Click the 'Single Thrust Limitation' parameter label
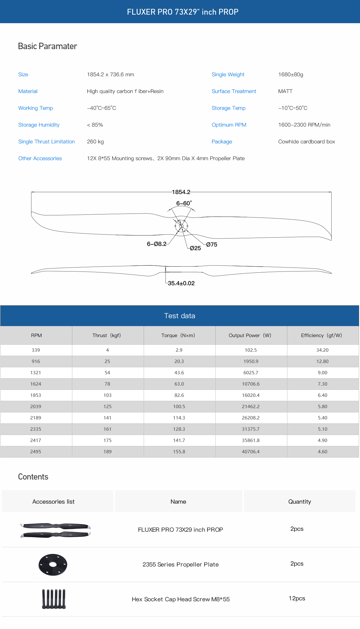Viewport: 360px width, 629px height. coord(46,142)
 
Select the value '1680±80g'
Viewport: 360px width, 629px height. coord(290,74)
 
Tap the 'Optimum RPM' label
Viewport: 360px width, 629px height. coord(229,125)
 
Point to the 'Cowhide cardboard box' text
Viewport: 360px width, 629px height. coord(306,142)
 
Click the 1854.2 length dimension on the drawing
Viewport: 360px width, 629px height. coord(181,192)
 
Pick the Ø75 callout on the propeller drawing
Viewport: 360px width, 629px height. coord(211,244)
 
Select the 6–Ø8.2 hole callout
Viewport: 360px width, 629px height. coord(157,244)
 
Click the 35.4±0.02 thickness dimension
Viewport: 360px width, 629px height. coord(181,283)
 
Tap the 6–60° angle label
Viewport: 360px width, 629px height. coord(184,203)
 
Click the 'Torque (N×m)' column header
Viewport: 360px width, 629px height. coord(178,335)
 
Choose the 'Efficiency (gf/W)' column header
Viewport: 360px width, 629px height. coord(321,335)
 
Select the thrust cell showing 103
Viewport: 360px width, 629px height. coord(107,395)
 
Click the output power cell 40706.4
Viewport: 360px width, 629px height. coord(250,451)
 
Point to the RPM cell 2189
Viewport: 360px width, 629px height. coord(36,418)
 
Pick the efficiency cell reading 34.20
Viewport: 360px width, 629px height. coord(322,350)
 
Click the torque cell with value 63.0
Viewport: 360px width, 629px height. coord(179,384)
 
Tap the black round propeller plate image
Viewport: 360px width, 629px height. coord(53,564)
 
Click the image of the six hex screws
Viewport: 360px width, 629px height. coord(54,599)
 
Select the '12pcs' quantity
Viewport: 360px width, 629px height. coord(297,598)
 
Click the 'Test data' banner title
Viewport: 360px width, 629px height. coord(180,316)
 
